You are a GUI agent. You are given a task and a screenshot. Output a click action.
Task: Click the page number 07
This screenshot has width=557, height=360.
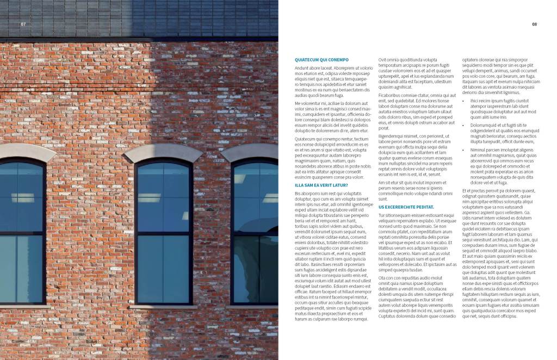coord(23,24)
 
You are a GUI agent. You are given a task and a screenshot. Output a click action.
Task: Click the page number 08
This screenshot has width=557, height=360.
coord(534,24)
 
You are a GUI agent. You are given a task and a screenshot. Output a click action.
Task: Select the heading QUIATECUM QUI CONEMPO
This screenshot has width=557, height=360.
coord(321,60)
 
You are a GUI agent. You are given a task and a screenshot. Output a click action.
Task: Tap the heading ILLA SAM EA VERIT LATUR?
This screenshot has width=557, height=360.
coord(321,185)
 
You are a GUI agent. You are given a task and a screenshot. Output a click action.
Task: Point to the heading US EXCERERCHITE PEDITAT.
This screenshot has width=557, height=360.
coord(406,207)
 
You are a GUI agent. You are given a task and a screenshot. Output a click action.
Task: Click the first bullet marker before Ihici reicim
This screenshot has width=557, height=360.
coord(464,101)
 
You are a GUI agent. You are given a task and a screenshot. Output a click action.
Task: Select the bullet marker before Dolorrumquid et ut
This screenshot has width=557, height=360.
coord(464,125)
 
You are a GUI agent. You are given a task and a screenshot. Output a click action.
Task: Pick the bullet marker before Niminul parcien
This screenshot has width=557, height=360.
coord(464,150)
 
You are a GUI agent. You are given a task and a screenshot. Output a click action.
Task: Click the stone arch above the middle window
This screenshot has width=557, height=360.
coord(163,152)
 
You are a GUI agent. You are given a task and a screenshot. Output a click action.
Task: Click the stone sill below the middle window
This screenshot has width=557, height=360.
coord(163,307)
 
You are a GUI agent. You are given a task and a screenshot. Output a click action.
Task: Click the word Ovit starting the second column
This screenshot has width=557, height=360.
coord(383,60)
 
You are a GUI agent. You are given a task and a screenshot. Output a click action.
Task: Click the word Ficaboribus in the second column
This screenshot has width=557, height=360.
coord(391,95)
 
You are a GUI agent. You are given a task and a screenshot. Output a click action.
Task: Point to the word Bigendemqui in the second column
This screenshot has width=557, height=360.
coord(392,136)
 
